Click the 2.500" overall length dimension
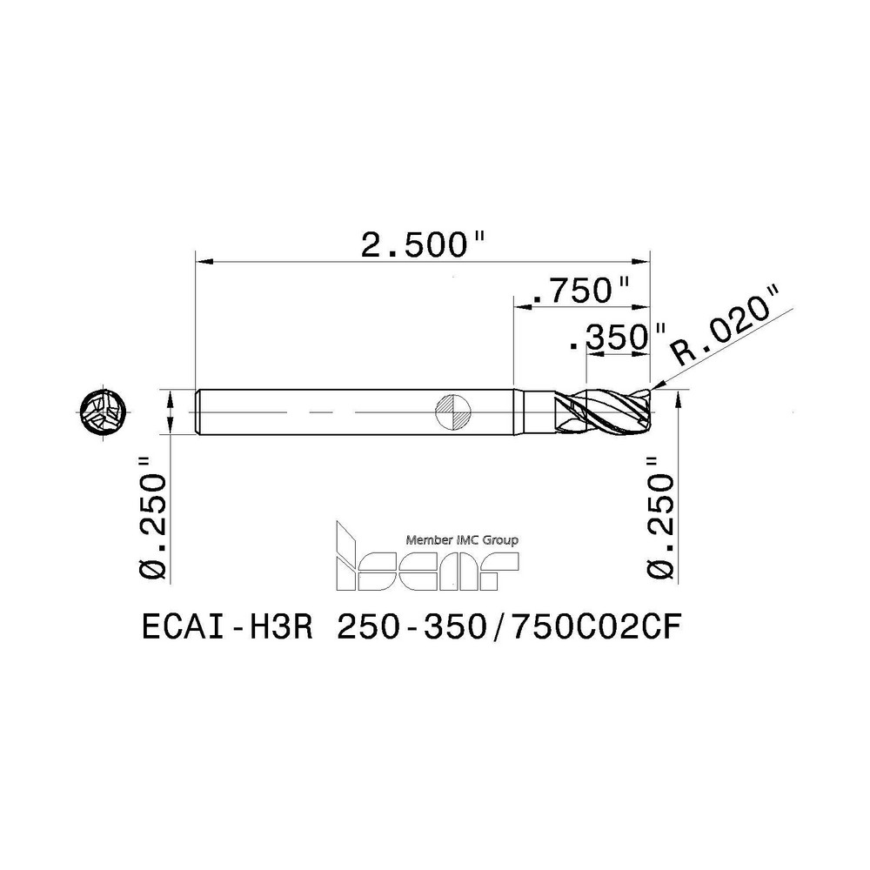click(x=423, y=245)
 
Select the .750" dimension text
click(x=580, y=291)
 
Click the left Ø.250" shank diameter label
click(x=152, y=519)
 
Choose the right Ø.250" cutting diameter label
click(x=660, y=519)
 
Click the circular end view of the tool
click(x=104, y=412)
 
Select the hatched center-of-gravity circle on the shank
click(x=453, y=412)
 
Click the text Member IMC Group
click(x=462, y=540)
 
